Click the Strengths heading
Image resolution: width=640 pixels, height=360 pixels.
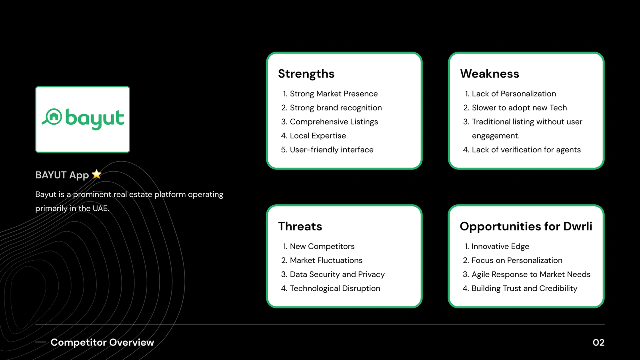coord(306,74)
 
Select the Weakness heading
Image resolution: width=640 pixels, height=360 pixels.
coord(490,74)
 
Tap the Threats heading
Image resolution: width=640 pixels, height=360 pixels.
coord(300,226)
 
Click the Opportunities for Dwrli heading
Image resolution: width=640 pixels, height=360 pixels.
coord(526,226)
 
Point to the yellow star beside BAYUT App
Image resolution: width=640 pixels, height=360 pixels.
coord(96,174)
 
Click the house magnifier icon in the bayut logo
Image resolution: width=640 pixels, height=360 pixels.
coord(52,117)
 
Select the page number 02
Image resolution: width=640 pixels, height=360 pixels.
coord(598,342)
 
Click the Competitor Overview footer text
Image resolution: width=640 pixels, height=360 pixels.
coord(102,342)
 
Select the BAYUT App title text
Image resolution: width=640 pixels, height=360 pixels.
coord(62,175)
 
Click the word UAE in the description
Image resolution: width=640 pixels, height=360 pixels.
coord(101,208)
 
